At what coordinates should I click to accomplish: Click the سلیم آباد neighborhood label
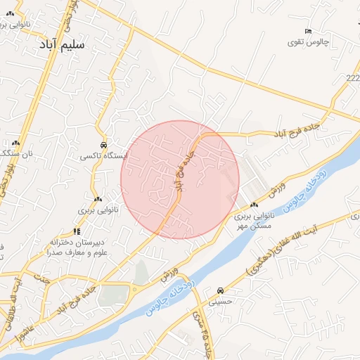(x=60, y=44)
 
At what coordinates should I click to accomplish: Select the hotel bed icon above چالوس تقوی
(x=308, y=31)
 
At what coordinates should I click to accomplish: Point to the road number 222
(x=352, y=77)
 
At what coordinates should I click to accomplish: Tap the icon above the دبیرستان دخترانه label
(x=77, y=231)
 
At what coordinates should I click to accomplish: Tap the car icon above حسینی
(x=221, y=290)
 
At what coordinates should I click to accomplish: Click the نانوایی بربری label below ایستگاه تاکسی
(x=96, y=210)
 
